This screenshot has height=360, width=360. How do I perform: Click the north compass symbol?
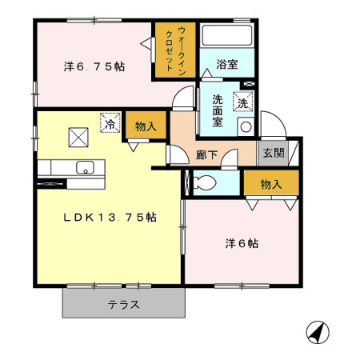[x=318, y=333]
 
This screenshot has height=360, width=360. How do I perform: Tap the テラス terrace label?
[x=123, y=305]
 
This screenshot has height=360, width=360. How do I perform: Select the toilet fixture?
[x=205, y=182]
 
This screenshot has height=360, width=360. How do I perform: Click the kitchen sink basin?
[x=85, y=167]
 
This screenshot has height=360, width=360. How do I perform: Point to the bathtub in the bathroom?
[x=227, y=36]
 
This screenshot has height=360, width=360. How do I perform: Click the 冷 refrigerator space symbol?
[x=110, y=122]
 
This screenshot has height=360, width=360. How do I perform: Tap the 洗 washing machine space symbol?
[x=242, y=102]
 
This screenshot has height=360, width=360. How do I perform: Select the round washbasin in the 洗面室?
[x=246, y=127]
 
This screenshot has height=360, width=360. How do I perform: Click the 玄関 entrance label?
[x=274, y=153]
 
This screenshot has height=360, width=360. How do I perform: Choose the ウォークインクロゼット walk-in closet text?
[x=175, y=50]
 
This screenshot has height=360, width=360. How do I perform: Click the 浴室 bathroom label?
[x=227, y=64]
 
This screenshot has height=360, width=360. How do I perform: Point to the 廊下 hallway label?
[x=206, y=154]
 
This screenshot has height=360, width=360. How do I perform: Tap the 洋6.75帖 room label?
[x=94, y=66]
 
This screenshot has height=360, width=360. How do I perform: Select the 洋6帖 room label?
[x=242, y=243]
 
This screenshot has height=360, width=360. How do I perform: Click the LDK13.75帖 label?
[x=110, y=218]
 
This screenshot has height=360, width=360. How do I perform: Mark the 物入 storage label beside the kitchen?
[x=146, y=126]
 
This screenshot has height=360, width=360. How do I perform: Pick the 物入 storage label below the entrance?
[x=271, y=184]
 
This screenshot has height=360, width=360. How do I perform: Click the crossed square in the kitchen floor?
[x=78, y=138]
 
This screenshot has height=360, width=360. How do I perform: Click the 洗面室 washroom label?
[x=218, y=110]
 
